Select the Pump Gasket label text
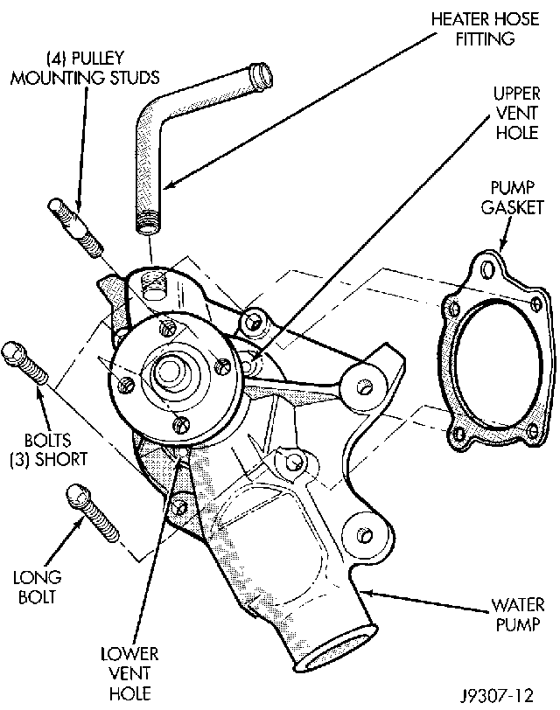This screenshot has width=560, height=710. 517,198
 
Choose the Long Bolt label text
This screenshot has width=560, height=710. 36,588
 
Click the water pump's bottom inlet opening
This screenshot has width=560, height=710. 337,651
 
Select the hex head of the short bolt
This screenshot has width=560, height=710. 14,351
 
